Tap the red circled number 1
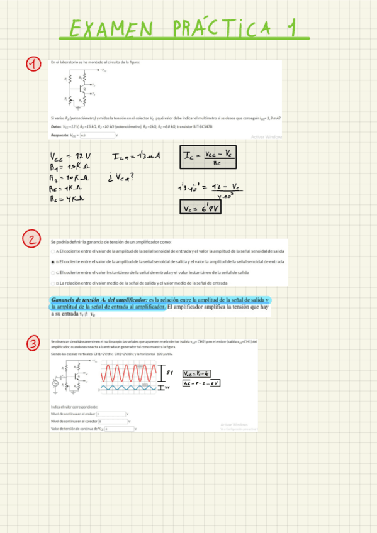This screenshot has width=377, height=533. pyautogui.click(x=33, y=63)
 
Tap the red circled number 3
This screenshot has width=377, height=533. pyautogui.click(x=33, y=343)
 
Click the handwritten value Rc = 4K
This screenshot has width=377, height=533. pyautogui.click(x=68, y=199)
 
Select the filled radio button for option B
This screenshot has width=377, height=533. pyautogui.click(x=53, y=261)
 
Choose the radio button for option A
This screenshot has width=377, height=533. pyautogui.click(x=53, y=251)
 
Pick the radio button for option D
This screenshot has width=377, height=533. pyautogui.click(x=53, y=283)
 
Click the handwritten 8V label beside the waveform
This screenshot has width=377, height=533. pyautogui.click(x=169, y=372)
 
